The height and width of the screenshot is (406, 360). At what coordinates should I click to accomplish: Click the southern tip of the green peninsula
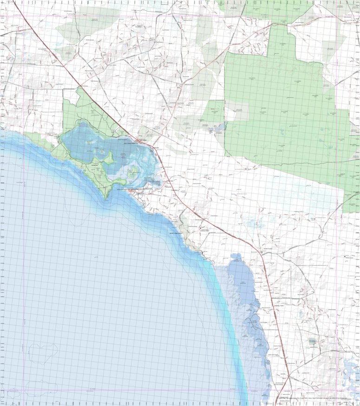click(106, 199)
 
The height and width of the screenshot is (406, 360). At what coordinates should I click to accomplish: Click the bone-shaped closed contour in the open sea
click(42, 353)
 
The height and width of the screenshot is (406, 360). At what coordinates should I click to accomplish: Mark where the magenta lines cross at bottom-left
click(23, 390)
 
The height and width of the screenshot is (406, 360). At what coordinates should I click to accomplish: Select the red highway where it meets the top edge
click(13, 1)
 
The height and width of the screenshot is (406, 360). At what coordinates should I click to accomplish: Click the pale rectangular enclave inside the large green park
click(236, 111)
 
